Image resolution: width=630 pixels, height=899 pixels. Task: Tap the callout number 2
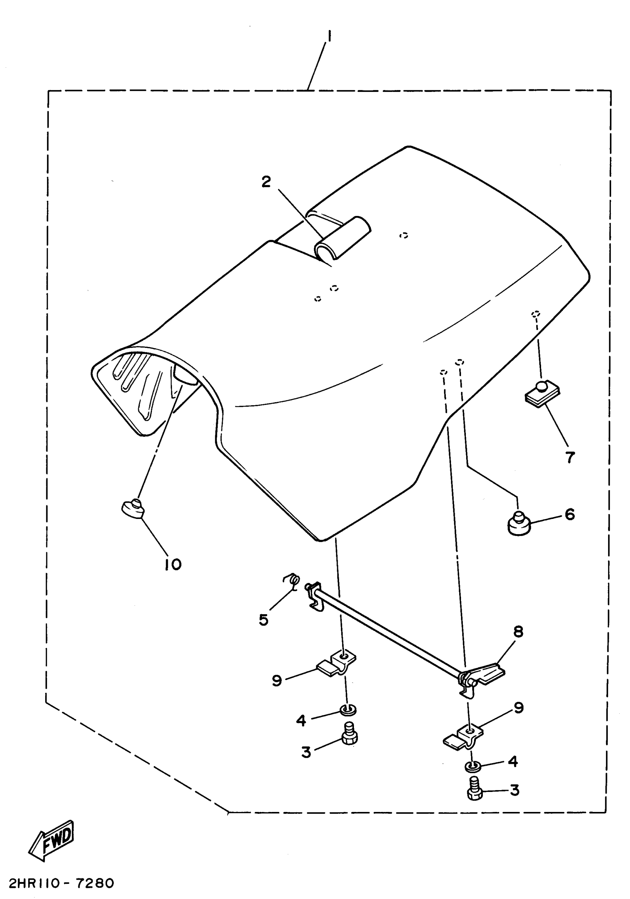(266, 181)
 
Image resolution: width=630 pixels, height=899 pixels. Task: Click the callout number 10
(173, 564)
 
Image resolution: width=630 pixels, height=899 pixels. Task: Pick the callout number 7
(570, 457)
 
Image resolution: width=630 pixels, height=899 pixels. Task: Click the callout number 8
(518, 632)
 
